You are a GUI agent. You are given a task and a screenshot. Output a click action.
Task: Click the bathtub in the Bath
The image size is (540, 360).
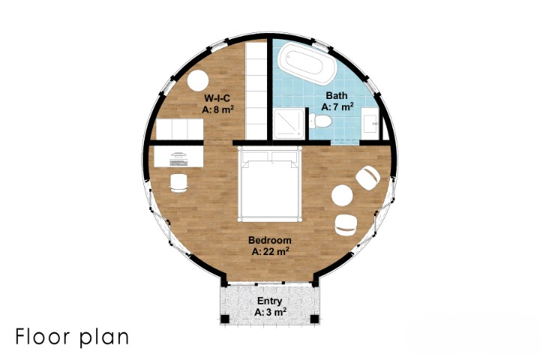[x=307, y=64]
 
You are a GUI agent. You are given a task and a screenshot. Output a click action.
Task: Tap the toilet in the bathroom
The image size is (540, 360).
[x=320, y=121]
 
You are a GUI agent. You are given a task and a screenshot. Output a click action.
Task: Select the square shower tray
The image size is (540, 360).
[x=289, y=124]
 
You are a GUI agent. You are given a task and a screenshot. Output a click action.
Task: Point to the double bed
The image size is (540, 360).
[x=270, y=184]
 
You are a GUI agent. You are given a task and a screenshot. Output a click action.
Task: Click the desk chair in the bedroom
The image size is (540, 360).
[x=178, y=183]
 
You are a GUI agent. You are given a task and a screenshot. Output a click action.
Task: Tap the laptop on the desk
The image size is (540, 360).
[x=179, y=160]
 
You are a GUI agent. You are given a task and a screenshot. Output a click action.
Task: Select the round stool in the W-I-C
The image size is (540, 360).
[x=198, y=80]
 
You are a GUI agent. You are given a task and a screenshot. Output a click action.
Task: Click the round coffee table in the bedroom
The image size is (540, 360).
[x=342, y=195]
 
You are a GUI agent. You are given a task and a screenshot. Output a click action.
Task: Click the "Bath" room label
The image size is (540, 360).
[x=337, y=95]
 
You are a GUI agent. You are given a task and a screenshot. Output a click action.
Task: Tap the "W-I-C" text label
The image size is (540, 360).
[x=217, y=98]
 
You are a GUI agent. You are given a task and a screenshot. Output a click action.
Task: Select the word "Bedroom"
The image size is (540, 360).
[x=270, y=240]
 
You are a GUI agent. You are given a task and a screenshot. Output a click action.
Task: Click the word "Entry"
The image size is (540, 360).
[x=270, y=301]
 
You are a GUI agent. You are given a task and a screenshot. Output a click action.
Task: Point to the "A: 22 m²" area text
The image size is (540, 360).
[x=270, y=251]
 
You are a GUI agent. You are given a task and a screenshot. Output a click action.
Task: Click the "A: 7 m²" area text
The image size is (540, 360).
[x=337, y=106]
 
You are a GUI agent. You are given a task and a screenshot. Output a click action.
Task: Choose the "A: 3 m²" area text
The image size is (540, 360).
[x=270, y=313]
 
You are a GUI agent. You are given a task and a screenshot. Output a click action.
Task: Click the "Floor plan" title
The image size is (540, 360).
[x=72, y=337]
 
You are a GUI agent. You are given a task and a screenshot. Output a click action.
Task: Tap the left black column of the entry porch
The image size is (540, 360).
[x=224, y=319]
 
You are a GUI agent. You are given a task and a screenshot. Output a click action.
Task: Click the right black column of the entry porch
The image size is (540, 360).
[x=314, y=319]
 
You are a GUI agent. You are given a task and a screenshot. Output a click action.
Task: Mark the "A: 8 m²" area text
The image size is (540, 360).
[x=218, y=109]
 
